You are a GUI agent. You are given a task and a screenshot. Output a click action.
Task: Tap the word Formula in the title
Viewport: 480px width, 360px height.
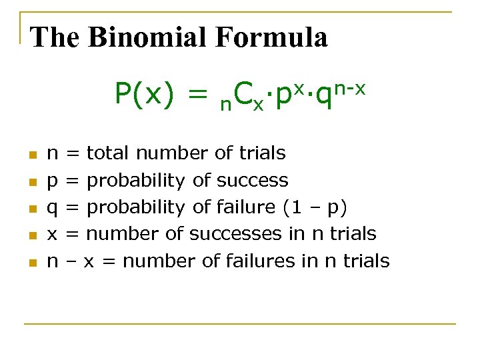271,37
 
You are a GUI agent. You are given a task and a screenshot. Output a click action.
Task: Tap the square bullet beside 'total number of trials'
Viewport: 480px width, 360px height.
31,155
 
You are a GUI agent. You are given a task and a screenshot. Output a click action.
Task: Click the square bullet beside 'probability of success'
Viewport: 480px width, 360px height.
31,181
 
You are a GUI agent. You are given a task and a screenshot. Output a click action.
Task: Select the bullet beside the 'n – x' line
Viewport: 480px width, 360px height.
31,262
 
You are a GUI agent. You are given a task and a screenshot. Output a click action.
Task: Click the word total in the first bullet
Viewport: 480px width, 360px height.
109,153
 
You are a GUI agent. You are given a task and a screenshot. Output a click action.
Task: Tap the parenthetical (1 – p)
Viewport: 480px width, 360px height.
315,207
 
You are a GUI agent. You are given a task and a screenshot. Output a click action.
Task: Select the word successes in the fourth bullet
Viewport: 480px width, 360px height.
245,234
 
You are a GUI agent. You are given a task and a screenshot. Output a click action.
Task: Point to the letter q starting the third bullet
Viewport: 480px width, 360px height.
52,209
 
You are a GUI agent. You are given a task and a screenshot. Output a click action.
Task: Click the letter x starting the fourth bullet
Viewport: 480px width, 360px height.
52,235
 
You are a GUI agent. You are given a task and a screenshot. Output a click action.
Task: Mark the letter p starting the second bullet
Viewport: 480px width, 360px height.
52,182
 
